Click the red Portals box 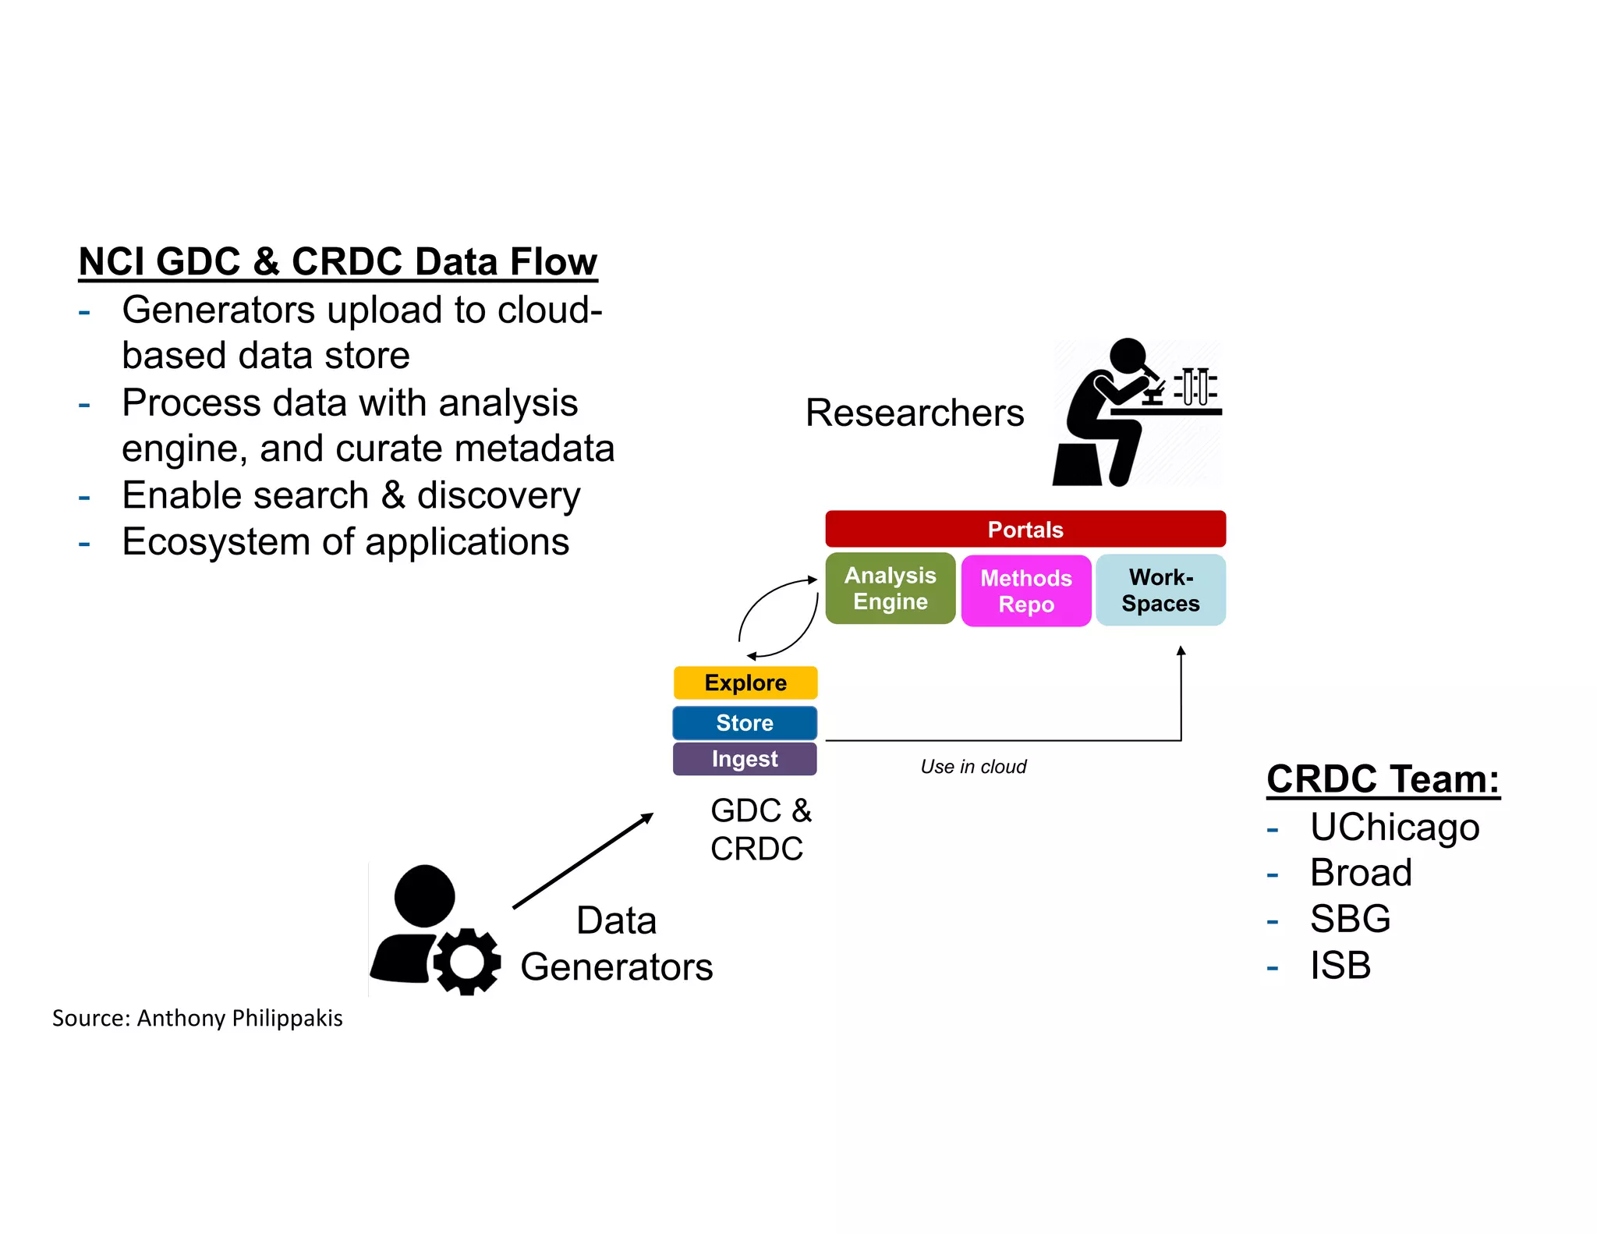(1025, 529)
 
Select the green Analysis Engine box (890, 588)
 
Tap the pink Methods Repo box (1025, 590)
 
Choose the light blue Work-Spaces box (1160, 590)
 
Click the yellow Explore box (745, 683)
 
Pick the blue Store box (744, 722)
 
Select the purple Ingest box (744, 758)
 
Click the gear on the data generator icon (466, 961)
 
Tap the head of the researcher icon (1128, 355)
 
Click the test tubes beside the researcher (1195, 386)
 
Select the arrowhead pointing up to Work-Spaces (1181, 651)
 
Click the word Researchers (914, 412)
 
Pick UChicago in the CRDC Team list (1393, 827)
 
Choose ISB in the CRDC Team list (1340, 965)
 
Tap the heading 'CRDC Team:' (1383, 778)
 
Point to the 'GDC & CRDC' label (760, 829)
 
